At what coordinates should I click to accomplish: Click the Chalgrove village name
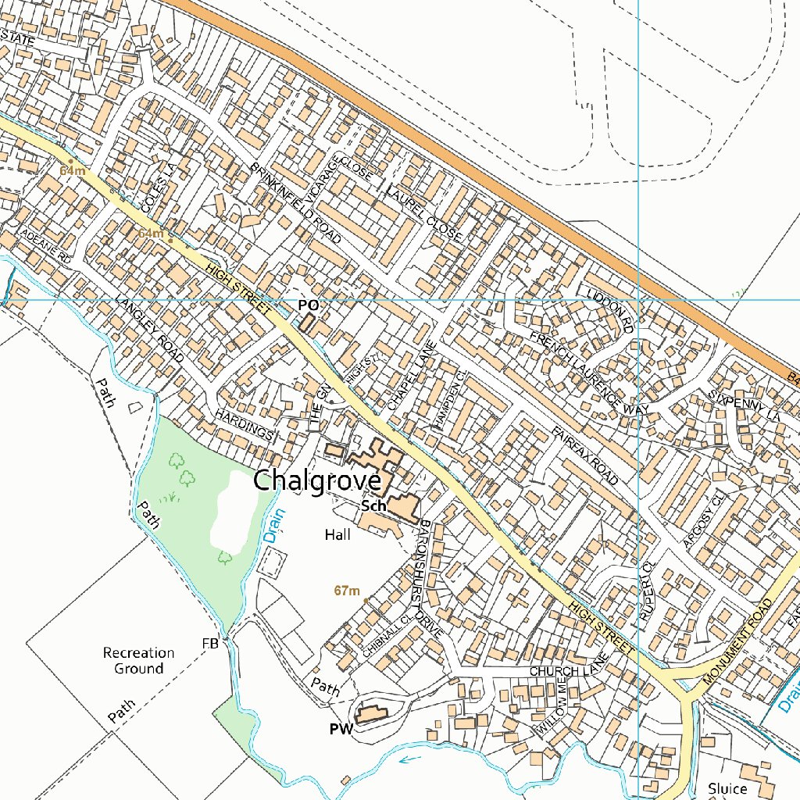[x=316, y=480]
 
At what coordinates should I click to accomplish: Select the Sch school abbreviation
[x=373, y=506]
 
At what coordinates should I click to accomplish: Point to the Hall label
[x=337, y=535]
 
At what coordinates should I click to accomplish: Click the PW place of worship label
[x=341, y=730]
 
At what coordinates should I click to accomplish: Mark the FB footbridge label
[x=209, y=643]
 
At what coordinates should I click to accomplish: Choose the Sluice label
[x=727, y=788]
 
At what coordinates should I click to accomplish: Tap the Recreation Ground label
[x=139, y=660]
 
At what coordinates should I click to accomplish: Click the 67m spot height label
[x=346, y=591]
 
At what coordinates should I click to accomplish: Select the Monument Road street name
[x=737, y=642]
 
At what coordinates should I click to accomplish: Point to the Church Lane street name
[x=566, y=671]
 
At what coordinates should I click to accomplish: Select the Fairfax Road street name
[x=584, y=455]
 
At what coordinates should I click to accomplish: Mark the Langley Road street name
[x=148, y=329]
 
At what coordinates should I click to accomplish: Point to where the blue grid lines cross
[x=638, y=299]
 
